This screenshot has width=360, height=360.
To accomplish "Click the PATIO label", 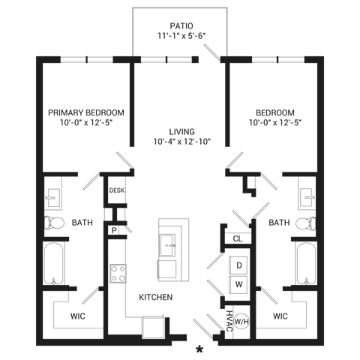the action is tap(181, 25).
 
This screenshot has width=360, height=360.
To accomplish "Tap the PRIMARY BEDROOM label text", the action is tap(86, 112).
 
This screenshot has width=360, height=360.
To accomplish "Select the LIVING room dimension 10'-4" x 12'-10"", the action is tap(182, 142).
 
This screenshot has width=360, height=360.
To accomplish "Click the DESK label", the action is tap(117, 190).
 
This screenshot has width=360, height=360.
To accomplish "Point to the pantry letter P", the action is tap(114, 230).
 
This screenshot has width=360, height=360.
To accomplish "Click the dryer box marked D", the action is tap(238, 265).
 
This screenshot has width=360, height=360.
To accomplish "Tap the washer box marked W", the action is tap(238, 284).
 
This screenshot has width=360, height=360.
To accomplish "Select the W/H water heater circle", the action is tap(241, 322).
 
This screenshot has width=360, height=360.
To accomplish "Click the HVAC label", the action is tap(229, 321).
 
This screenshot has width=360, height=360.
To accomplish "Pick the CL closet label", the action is tap(238, 238).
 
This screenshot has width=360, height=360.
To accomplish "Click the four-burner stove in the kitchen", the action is tap(118, 274).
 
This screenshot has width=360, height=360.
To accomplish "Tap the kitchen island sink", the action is tap(167, 245).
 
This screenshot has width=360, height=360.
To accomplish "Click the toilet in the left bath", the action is tap(54, 223).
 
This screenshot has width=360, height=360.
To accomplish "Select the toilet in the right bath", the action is tap(305, 223).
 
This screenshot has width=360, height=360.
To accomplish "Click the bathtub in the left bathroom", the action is tap(53, 263).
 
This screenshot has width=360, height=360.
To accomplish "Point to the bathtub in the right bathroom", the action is tap(306, 263).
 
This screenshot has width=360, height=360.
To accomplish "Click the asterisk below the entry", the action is tap(199, 349).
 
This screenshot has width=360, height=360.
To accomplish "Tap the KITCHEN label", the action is tap(155, 297).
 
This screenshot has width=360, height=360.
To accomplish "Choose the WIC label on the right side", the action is tap(280, 316).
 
